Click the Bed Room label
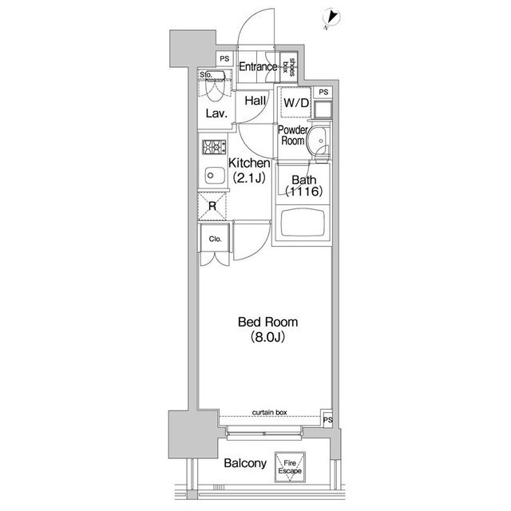268,322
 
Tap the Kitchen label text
249,163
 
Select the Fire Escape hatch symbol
290,466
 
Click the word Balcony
245,463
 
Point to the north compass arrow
332,17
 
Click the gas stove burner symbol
214,147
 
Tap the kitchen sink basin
215,176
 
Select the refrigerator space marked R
212,206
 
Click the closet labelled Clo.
215,238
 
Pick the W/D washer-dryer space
296,103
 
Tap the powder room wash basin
317,140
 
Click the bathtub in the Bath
303,223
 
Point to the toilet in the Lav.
214,89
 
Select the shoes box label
289,67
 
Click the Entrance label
258,67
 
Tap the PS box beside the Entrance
224,59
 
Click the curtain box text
270,413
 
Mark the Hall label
255,101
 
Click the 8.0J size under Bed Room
268,337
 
